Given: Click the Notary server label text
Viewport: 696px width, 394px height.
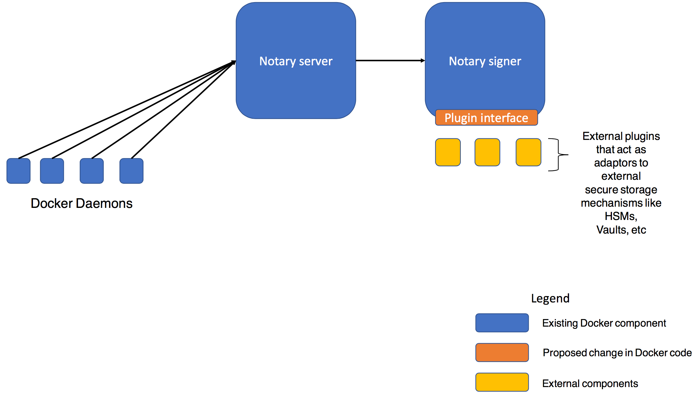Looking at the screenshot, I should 296,61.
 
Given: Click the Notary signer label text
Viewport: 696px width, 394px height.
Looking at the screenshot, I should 485,61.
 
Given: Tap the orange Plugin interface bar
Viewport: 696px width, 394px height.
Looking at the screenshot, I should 486,118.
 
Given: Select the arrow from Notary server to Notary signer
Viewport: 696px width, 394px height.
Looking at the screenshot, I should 390,60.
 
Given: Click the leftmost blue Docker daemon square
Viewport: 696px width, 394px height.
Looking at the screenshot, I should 18,171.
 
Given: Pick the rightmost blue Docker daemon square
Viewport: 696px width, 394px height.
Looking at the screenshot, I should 131,171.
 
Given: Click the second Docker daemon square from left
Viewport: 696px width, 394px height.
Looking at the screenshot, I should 52,171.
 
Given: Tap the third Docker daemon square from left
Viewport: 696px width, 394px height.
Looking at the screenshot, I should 92,171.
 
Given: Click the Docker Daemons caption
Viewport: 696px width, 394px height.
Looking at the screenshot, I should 82,203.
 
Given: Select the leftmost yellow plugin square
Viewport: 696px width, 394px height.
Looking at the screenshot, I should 448,152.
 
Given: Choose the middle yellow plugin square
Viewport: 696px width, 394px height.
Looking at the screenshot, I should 487,152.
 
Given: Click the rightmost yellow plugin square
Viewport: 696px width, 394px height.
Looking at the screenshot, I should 528,152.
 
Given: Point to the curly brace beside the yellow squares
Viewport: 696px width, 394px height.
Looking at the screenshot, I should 558,155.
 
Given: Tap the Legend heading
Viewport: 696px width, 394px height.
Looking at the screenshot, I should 550,299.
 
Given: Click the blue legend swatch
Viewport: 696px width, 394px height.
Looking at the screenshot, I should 502,323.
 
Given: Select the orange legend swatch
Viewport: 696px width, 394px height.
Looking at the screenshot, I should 502,352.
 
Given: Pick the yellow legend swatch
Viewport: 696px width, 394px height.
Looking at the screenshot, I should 502,382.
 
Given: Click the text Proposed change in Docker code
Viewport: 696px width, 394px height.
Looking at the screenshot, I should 617,353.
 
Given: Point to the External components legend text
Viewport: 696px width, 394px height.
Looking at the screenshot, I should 590,383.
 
